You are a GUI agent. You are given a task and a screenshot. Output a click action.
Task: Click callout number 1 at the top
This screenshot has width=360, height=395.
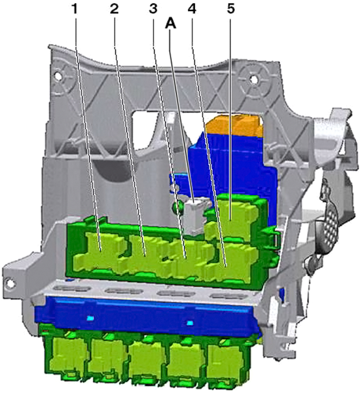point(74,9)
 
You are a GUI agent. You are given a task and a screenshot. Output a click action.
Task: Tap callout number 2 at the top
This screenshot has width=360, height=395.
point(114,9)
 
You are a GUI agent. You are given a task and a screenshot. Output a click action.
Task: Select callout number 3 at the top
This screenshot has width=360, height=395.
point(153,9)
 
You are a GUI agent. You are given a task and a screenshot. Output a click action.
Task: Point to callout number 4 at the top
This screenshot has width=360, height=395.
point(192,9)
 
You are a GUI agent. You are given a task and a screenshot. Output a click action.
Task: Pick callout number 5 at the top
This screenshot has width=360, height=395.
point(231,9)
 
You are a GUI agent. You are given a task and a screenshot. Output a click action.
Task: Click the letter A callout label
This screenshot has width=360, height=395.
point(170,24)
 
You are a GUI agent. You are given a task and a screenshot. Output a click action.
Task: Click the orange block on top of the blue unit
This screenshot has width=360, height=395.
point(234,126)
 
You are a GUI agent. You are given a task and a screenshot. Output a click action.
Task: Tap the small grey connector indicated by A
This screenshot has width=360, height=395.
point(197,215)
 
